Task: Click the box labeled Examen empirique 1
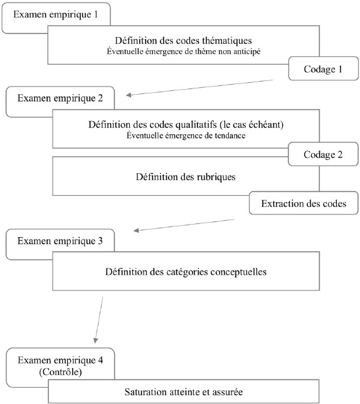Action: [x=56, y=14]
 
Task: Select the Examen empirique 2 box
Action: [x=60, y=98]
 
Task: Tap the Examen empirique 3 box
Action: [x=60, y=241]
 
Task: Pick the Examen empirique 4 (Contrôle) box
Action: [x=60, y=364]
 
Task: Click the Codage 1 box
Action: [x=324, y=69]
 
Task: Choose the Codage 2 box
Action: [x=323, y=154]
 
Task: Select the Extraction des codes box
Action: [x=304, y=203]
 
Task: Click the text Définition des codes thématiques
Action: [x=183, y=40]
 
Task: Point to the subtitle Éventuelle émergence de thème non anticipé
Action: [x=184, y=51]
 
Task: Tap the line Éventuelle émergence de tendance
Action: [x=186, y=136]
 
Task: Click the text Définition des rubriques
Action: [x=186, y=177]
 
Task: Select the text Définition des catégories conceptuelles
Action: [x=186, y=272]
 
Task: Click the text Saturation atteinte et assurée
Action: [x=184, y=392]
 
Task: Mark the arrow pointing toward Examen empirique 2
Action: [x=199, y=88]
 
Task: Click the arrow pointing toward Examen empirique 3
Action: [x=184, y=225]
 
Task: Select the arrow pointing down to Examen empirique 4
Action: [x=99, y=320]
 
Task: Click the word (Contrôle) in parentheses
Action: [x=60, y=372]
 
